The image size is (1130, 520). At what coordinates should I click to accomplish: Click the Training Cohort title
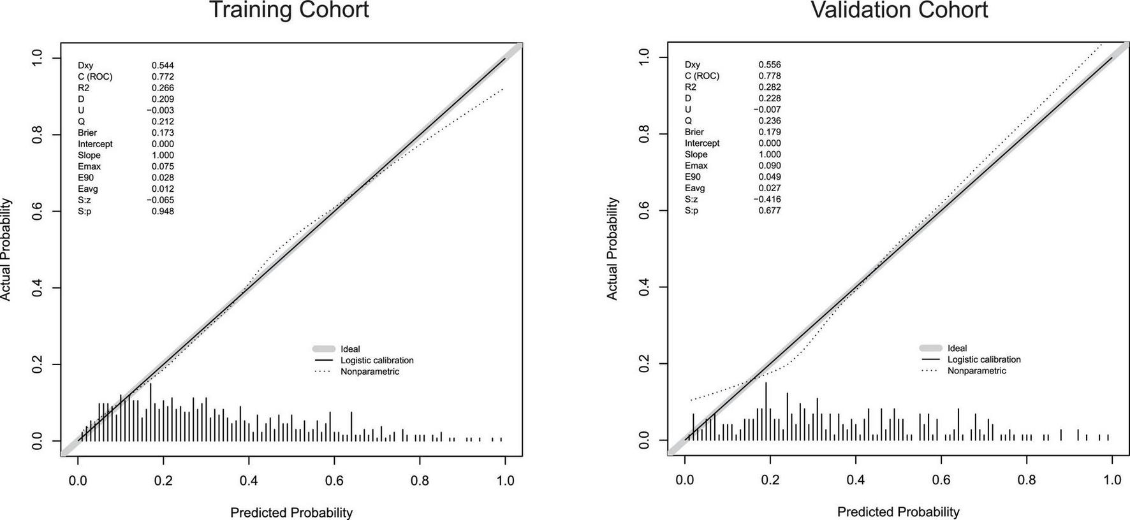(x=289, y=10)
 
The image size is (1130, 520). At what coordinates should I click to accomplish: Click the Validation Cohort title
(x=899, y=10)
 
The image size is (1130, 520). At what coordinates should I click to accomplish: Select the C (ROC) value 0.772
(x=163, y=76)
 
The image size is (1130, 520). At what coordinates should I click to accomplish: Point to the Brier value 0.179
(x=770, y=132)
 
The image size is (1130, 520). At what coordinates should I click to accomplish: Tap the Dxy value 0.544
(x=163, y=65)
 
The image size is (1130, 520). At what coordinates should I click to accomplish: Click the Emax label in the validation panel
(x=696, y=166)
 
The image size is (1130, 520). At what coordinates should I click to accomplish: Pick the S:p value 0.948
(x=163, y=211)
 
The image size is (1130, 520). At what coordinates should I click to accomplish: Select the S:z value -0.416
(x=768, y=199)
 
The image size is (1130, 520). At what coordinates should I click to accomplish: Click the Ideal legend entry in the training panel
(x=350, y=349)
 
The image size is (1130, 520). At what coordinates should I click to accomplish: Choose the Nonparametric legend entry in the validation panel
(x=976, y=371)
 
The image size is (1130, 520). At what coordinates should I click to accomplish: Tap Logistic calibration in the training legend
(x=377, y=360)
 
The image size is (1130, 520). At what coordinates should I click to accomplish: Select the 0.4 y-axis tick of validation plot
(x=644, y=287)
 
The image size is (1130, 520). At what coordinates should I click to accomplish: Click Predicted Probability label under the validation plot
(x=898, y=512)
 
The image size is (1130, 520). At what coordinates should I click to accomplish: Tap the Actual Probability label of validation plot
(x=612, y=249)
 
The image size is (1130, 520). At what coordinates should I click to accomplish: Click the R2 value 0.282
(x=770, y=87)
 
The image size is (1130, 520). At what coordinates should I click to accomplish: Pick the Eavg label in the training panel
(x=88, y=189)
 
